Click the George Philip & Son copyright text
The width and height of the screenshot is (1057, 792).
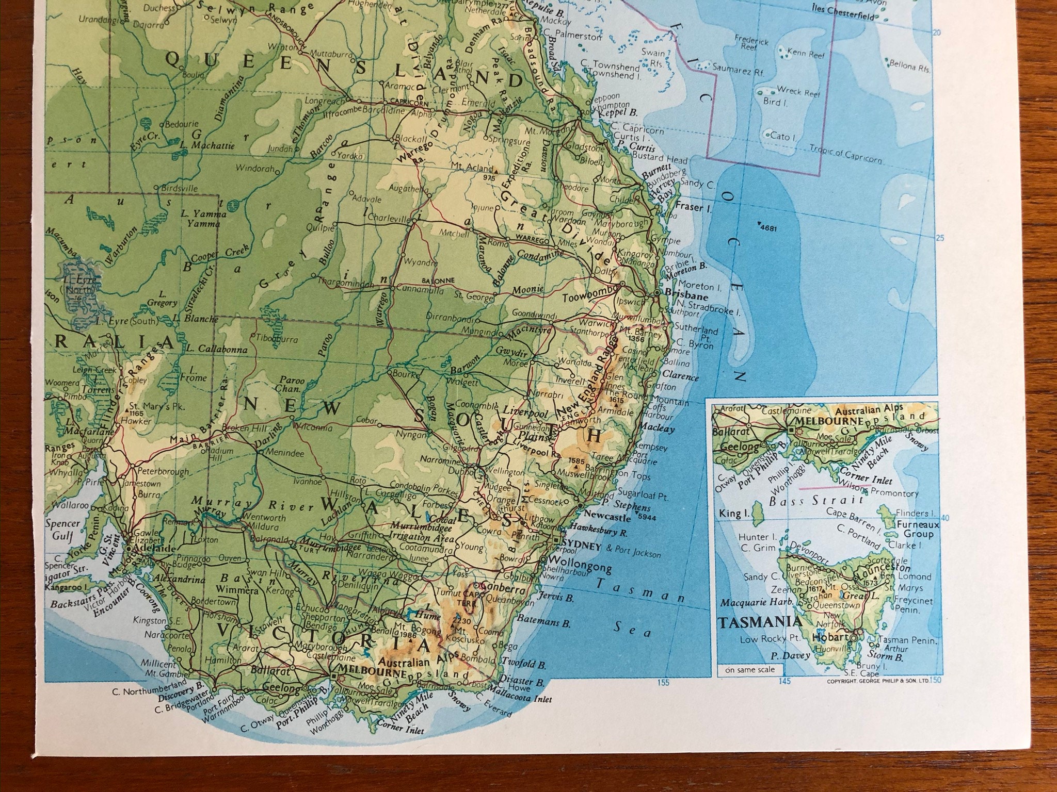click(x=871, y=683)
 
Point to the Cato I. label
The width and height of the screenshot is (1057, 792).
click(x=780, y=137)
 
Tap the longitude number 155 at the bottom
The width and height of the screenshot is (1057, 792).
click(x=663, y=683)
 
